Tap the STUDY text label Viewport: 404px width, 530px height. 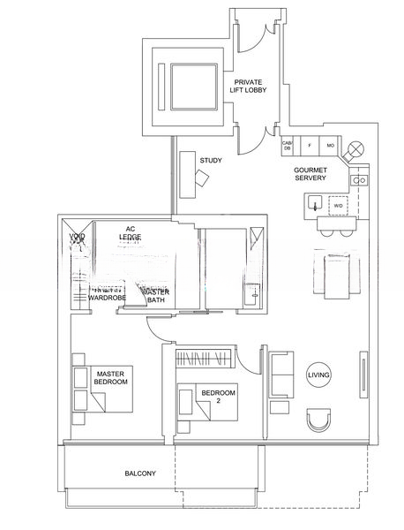coord(210,161)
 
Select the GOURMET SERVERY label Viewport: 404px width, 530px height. coord(310,174)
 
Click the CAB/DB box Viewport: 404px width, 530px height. coord(287,146)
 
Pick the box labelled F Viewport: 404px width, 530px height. coord(309,146)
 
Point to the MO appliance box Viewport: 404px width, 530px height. coord(330,146)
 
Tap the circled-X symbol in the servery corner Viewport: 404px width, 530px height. coord(356,148)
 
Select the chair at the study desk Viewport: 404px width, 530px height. coord(203,178)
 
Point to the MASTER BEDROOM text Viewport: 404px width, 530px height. coord(113,376)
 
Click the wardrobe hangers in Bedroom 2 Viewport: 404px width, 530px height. coord(203,357)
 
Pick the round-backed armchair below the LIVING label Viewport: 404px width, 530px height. coord(318,418)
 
